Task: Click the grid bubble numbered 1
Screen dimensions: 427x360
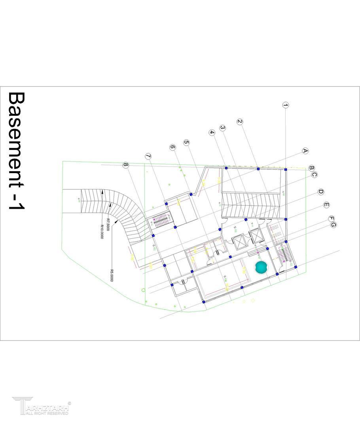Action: click(286, 105)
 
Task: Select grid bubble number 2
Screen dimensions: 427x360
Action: click(240, 122)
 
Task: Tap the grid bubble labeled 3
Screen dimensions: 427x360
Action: click(223, 128)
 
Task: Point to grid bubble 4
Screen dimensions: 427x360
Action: click(212, 132)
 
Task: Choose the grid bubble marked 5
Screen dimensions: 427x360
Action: click(186, 142)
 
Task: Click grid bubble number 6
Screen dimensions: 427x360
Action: click(172, 147)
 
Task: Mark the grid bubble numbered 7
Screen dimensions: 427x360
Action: click(148, 156)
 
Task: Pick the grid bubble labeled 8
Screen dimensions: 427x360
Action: click(126, 165)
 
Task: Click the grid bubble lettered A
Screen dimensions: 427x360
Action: click(305, 151)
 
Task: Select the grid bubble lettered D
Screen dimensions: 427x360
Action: click(321, 192)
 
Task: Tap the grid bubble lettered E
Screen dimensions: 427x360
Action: click(326, 205)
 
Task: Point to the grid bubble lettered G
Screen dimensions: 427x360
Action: click(333, 225)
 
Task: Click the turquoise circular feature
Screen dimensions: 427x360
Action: click(261, 267)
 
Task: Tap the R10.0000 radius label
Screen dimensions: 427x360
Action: click(102, 232)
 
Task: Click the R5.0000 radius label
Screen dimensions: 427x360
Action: click(112, 275)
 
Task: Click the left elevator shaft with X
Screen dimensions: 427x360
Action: click(239, 242)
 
